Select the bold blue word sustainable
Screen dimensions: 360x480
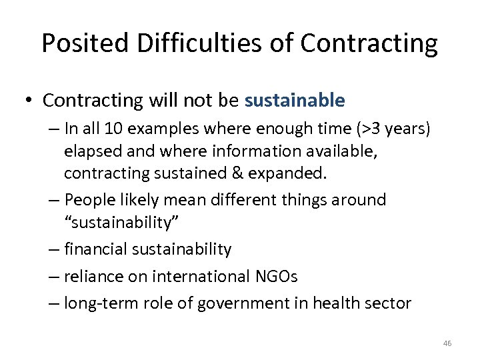coord(295,101)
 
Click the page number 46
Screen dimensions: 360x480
coord(447,343)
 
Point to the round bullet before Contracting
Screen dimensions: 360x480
coord(30,101)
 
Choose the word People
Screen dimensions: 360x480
coord(93,199)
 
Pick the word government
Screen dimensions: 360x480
coord(235,303)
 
